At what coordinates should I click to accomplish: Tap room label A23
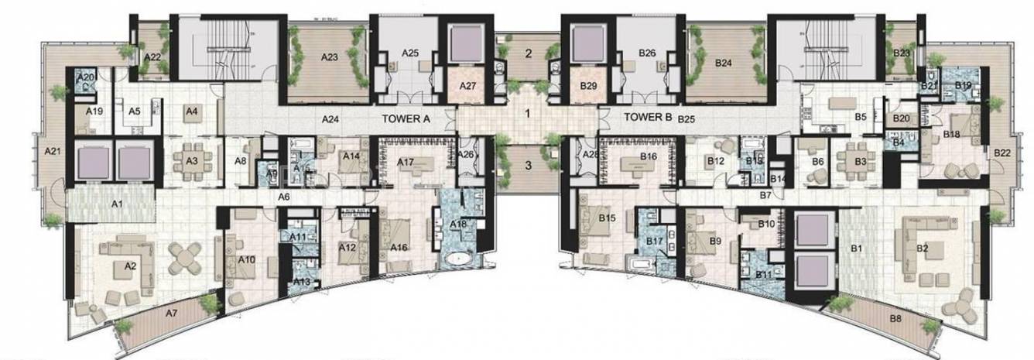pyautogui.click(x=330, y=57)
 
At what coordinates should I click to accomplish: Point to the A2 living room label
pyautogui.click(x=130, y=266)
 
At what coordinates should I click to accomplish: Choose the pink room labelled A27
pyautogui.click(x=467, y=86)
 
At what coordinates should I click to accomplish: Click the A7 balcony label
pyautogui.click(x=172, y=313)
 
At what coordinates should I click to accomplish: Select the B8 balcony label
pyautogui.click(x=895, y=318)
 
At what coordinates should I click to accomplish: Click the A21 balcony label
pyautogui.click(x=52, y=152)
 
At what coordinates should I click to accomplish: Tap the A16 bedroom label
pyautogui.click(x=399, y=247)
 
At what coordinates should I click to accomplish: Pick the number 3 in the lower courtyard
pyautogui.click(x=527, y=164)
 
